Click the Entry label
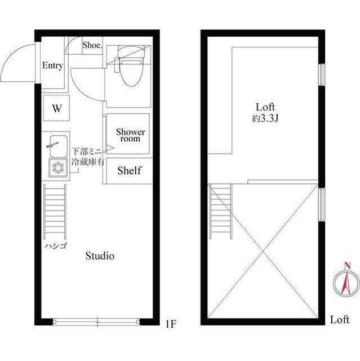tap(52, 65)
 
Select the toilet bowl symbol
tap(128, 72)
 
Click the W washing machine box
tap(56, 109)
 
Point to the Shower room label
tap(131, 135)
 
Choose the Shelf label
tap(129, 170)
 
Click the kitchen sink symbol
tap(56, 146)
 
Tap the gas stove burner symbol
tap(57, 168)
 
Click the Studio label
tap(100, 256)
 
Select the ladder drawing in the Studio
tap(55, 212)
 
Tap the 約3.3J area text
tap(264, 119)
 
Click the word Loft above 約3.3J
tap(265, 107)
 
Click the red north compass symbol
tap(346, 279)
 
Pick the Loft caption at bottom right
tap(340, 320)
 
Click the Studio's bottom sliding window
tap(96, 322)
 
